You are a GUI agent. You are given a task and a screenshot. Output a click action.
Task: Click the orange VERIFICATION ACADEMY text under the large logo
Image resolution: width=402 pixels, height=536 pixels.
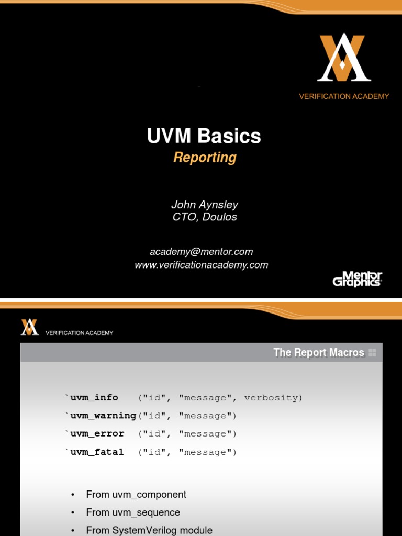pyautogui.click(x=344, y=96)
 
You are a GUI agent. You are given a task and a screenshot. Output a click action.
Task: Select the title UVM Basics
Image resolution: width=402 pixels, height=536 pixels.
pyautogui.click(x=204, y=136)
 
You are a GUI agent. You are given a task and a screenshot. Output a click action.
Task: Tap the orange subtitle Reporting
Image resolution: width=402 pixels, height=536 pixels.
pyautogui.click(x=205, y=157)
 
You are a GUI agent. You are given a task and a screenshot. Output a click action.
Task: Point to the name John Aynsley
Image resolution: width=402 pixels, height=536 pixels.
pyautogui.click(x=205, y=204)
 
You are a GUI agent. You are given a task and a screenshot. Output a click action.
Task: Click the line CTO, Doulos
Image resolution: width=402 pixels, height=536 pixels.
pyautogui.click(x=205, y=217)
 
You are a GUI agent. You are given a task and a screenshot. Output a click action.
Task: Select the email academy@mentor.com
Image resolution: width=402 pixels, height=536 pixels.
pyautogui.click(x=202, y=252)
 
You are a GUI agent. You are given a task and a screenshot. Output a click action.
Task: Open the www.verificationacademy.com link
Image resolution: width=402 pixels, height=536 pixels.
pyautogui.click(x=202, y=265)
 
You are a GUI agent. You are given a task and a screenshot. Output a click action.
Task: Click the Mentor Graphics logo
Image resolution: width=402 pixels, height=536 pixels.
pyautogui.click(x=358, y=278)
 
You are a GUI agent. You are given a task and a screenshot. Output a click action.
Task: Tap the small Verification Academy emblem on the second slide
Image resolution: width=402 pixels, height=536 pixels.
pyautogui.click(x=30, y=327)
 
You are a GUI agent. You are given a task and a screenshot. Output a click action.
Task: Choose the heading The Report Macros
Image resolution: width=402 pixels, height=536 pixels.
pyautogui.click(x=318, y=353)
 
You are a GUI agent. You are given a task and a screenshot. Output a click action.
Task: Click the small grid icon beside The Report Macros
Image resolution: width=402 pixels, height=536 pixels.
pyautogui.click(x=372, y=353)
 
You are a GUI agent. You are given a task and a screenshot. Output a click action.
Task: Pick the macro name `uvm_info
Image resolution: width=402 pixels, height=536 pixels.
pyautogui.click(x=92, y=398)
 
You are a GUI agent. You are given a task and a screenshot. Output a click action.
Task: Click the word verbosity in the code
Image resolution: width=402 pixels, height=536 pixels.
pyautogui.click(x=273, y=398)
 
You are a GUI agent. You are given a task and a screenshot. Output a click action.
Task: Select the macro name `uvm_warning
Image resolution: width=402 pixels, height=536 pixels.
pyautogui.click(x=100, y=416)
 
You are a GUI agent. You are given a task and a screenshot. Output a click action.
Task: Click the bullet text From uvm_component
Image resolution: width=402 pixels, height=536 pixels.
pyautogui.click(x=136, y=495)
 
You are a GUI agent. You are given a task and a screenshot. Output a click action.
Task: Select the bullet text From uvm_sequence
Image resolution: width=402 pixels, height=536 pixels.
pyautogui.click(x=133, y=512)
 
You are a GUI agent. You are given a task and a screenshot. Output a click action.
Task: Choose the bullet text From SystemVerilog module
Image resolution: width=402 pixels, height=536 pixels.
pyautogui.click(x=149, y=530)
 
